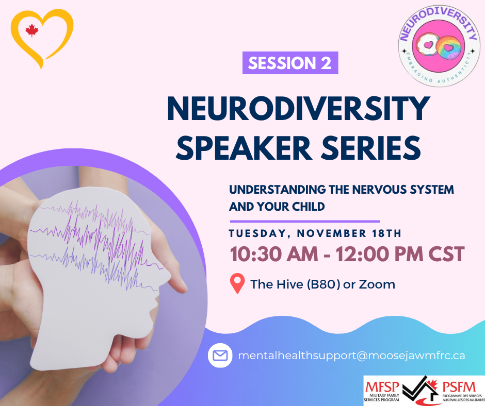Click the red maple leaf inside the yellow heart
coord(32,31)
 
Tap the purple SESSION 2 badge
coord(290,63)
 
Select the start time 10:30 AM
coord(274,254)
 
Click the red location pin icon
coord(237,283)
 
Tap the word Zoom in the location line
coord(377,284)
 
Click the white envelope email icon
coord(220,356)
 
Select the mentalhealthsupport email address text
coord(351,356)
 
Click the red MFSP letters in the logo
coord(382,387)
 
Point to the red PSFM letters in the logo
coord(459,387)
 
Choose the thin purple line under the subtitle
coord(304,221)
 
